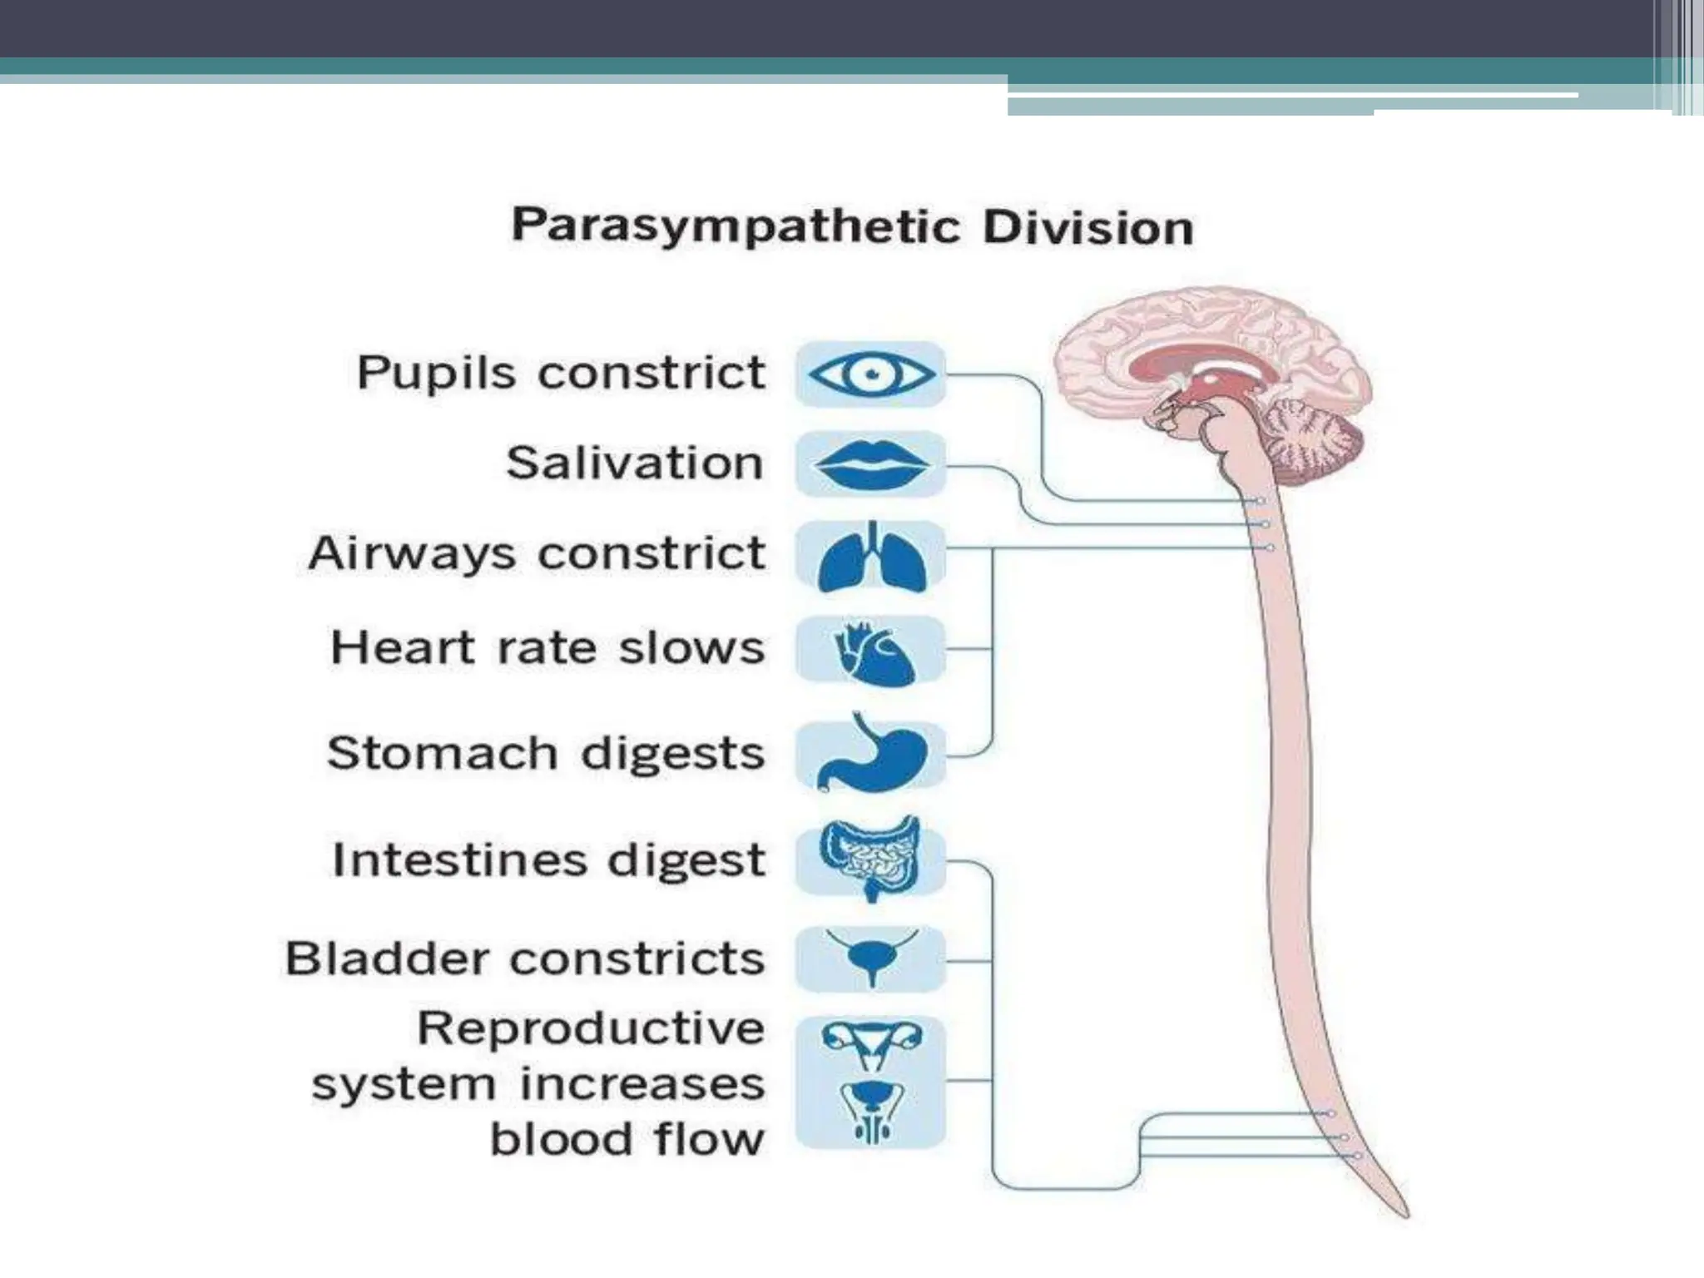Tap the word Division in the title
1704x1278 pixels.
[1087, 228]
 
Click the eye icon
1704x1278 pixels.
[871, 374]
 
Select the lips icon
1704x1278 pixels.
[871, 464]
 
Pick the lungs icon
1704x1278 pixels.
[871, 557]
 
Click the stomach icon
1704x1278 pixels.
[871, 754]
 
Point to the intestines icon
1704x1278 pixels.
[871, 857]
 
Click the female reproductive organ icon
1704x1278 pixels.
[871, 1045]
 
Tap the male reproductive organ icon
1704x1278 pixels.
[871, 1110]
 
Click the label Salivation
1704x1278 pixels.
[635, 463]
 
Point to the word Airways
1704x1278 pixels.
[411, 554]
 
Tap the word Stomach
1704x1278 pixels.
[442, 753]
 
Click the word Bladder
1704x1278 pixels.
[388, 958]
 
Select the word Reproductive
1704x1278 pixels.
[591, 1028]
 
